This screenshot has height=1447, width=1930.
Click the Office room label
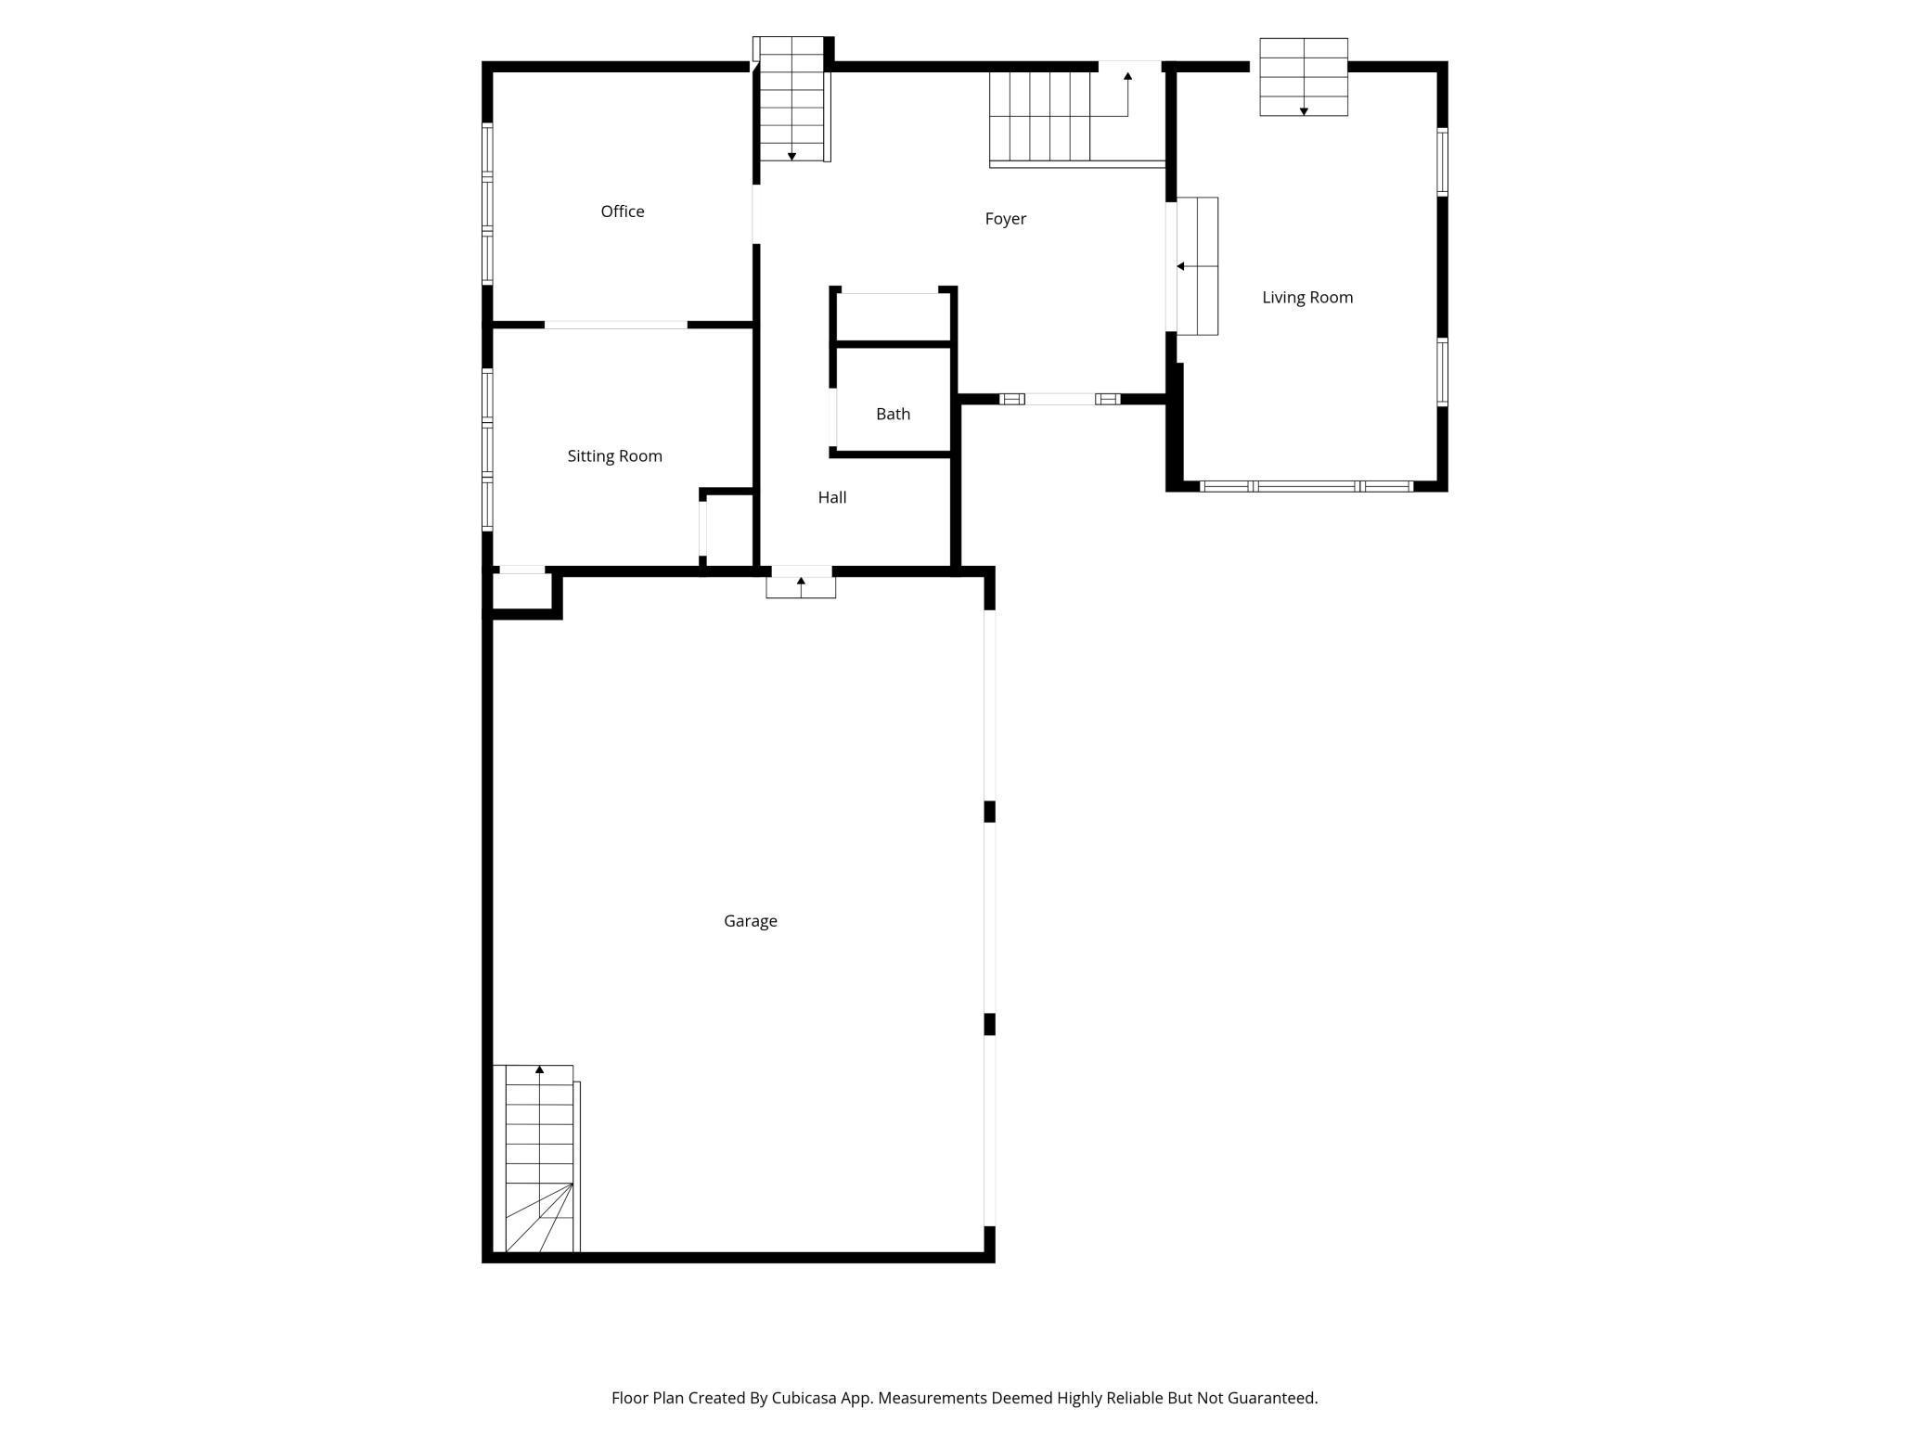(x=622, y=211)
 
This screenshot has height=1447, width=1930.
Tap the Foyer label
(x=1005, y=219)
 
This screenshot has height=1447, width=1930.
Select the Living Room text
(x=1306, y=298)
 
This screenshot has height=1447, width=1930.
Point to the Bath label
(x=893, y=414)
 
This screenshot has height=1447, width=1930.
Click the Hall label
(x=831, y=497)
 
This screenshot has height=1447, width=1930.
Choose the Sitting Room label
(x=614, y=456)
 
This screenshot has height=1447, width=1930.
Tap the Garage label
(x=750, y=921)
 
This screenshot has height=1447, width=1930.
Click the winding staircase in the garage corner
(x=538, y=1159)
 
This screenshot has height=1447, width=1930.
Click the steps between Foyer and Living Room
(x=1197, y=266)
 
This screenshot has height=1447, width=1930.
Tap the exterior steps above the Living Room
(x=1303, y=77)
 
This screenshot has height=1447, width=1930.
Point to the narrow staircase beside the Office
(x=791, y=100)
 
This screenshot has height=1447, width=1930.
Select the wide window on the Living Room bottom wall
(x=1306, y=486)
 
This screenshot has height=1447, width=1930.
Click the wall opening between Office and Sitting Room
(x=615, y=325)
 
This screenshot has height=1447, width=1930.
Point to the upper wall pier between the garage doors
(x=989, y=812)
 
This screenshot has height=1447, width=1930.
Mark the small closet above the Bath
(x=892, y=317)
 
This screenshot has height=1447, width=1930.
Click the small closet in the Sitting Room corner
(x=728, y=529)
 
